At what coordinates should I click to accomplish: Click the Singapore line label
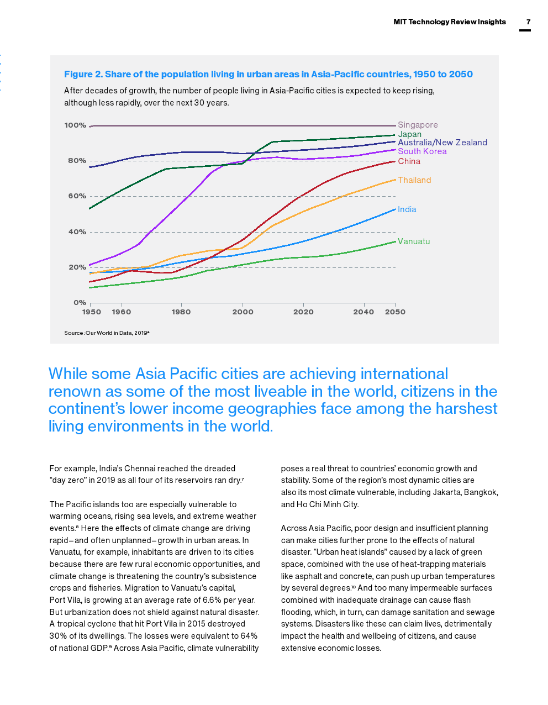(418, 125)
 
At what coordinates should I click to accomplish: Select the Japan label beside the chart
(409, 134)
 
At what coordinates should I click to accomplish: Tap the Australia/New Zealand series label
(442, 143)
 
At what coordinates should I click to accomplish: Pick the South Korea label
(422, 151)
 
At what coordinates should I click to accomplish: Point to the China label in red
(409, 161)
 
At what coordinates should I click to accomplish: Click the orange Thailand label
(414, 180)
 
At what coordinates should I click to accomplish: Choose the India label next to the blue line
(407, 209)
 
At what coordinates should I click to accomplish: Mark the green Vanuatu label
(414, 241)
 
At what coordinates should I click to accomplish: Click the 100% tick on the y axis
(75, 125)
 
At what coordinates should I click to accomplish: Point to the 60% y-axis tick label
(77, 196)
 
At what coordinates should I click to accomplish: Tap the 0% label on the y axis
(80, 303)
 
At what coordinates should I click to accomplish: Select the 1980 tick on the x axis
(181, 312)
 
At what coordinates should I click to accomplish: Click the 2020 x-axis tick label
(303, 312)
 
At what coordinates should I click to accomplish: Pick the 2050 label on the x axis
(395, 312)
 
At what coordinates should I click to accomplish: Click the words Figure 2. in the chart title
(83, 74)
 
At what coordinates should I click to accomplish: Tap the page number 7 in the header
(528, 22)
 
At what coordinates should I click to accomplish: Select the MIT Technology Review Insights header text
(450, 22)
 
